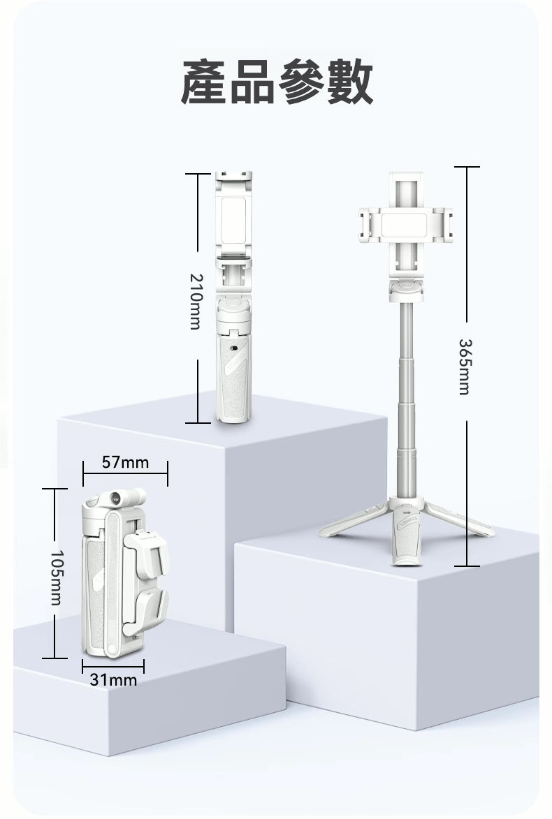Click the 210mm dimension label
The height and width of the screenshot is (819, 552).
[x=194, y=302]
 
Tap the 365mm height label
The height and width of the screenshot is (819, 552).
[x=464, y=367]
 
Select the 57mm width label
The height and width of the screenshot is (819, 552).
[x=126, y=462]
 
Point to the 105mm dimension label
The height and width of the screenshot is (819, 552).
[x=57, y=577]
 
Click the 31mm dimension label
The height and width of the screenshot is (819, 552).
[x=113, y=679]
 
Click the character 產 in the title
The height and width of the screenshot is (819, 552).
[x=204, y=82]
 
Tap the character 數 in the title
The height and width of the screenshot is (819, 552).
[x=350, y=82]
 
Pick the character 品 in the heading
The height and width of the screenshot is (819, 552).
[x=252, y=82]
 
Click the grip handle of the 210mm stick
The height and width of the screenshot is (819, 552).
[x=233, y=376]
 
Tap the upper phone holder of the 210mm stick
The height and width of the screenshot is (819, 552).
[x=233, y=216]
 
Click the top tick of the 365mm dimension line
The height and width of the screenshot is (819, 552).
[x=467, y=167]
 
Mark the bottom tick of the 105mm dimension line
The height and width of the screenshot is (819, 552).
[x=55, y=658]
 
